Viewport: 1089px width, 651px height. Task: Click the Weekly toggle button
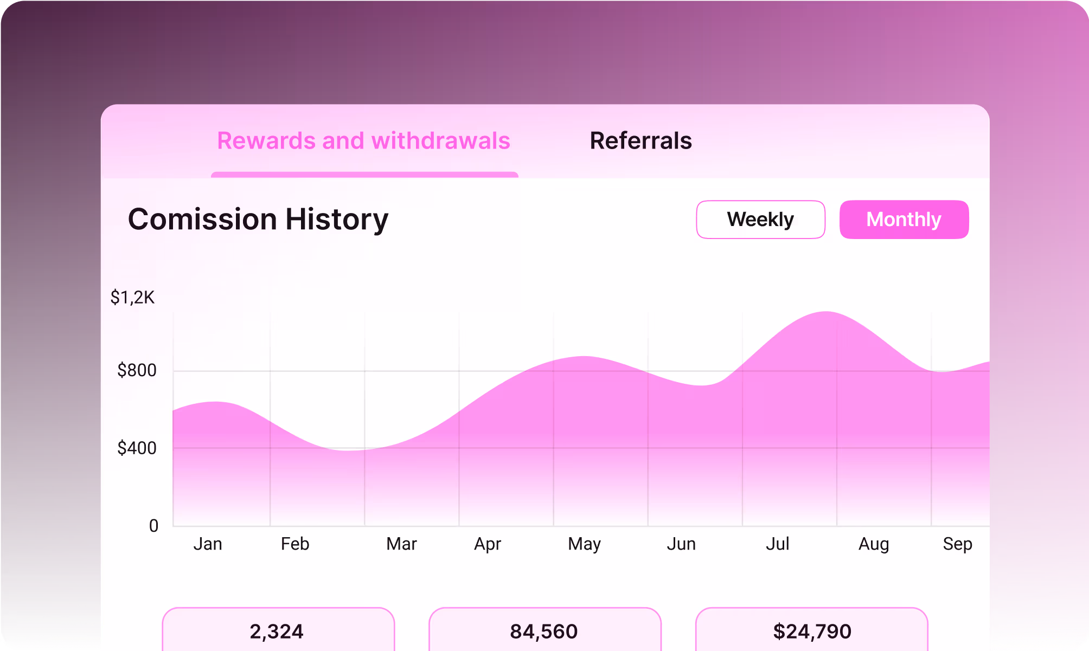click(760, 220)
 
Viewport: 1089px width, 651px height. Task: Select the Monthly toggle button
click(904, 220)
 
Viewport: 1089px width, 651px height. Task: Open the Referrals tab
click(640, 141)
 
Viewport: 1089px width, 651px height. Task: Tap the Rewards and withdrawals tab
click(363, 141)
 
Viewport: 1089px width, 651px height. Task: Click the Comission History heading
click(258, 220)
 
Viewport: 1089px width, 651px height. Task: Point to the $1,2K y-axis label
click(132, 298)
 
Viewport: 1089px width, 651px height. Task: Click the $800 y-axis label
click(137, 371)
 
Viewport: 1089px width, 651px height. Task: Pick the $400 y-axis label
click(137, 448)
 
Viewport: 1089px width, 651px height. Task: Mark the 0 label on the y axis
click(153, 526)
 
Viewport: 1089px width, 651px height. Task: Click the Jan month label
click(208, 544)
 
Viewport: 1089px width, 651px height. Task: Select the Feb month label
click(295, 544)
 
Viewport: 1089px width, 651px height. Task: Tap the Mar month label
click(401, 544)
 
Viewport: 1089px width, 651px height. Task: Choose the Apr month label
click(487, 544)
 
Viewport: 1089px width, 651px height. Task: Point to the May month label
click(584, 544)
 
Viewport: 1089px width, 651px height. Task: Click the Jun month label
click(681, 544)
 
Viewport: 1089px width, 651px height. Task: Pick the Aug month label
click(873, 544)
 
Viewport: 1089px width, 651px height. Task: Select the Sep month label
click(957, 544)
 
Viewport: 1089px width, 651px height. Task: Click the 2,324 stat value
click(277, 631)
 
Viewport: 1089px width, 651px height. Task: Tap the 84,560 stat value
click(544, 631)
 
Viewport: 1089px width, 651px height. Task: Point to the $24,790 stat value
click(812, 631)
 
